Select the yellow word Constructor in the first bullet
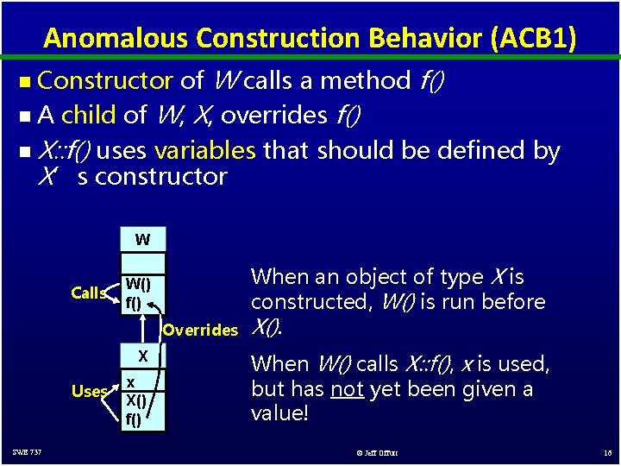[x=106, y=81]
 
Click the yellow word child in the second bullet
[x=90, y=115]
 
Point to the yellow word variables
[x=204, y=150]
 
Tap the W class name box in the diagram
[x=142, y=240]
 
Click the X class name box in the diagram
[x=142, y=356]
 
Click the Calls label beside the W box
[x=89, y=293]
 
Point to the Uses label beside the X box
[x=90, y=391]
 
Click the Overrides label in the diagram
[x=199, y=330]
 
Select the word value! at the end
[x=279, y=413]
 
